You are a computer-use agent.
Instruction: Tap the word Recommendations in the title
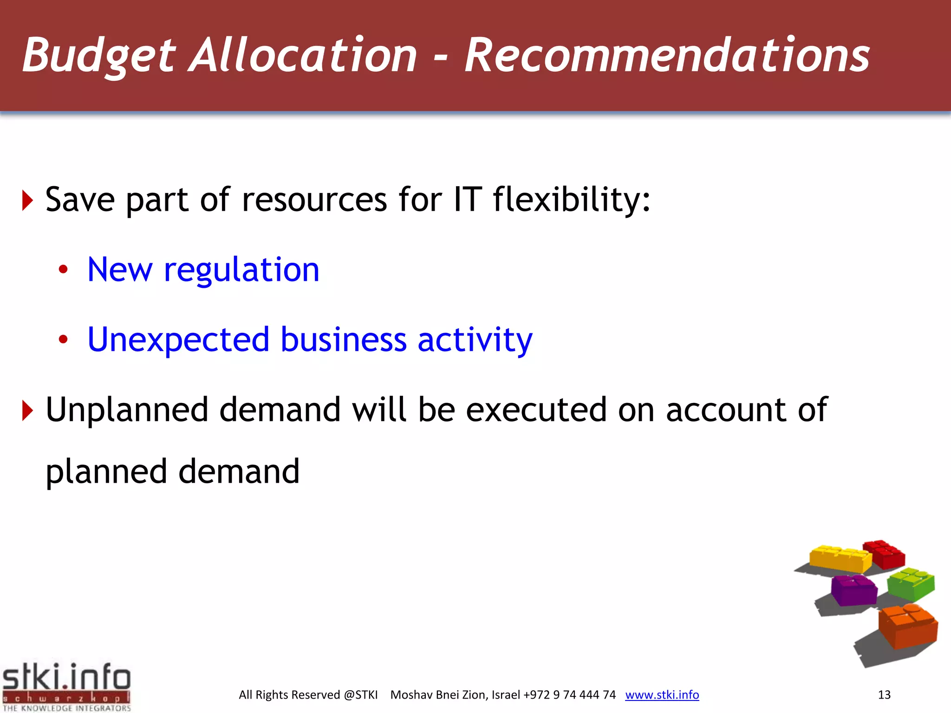coord(667,56)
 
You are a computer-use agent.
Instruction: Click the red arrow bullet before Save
coord(28,201)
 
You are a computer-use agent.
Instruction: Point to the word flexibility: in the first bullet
coord(571,200)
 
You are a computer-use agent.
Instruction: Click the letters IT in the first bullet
coord(467,200)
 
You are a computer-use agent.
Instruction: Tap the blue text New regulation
coord(203,270)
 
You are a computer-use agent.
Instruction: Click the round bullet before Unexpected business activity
coord(63,340)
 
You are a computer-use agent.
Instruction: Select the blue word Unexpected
coord(178,340)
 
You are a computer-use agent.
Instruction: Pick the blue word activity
coord(475,340)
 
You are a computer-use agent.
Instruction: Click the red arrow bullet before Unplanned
coord(28,410)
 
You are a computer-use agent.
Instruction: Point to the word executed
coord(536,410)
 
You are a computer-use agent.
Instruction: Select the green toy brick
coord(910,584)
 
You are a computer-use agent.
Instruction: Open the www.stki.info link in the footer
coord(662,695)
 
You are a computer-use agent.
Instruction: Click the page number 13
coord(884,695)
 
